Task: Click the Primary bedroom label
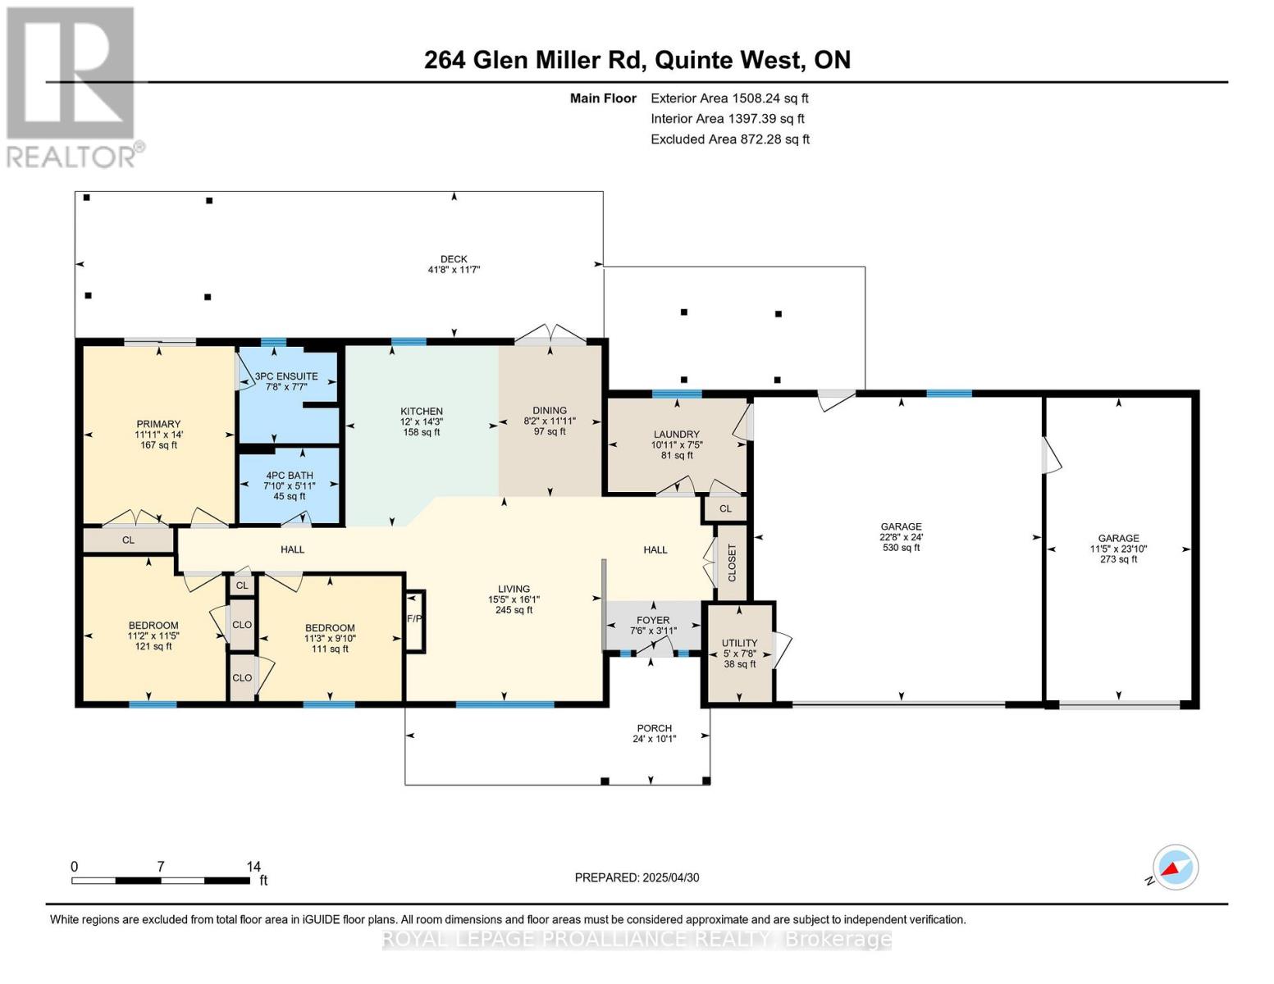(158, 424)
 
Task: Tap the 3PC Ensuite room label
(286, 376)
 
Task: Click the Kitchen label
(422, 412)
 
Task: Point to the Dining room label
(550, 411)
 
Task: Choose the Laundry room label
(677, 435)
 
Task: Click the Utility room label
(739, 643)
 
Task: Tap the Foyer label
(653, 620)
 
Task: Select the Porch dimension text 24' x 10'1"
(655, 739)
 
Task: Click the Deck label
(454, 259)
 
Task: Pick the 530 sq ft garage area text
(902, 548)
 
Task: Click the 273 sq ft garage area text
(1118, 559)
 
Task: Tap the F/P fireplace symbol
(414, 618)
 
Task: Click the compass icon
(1175, 868)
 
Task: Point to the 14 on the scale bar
(253, 866)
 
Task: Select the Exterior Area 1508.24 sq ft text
(729, 98)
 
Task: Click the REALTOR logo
(72, 86)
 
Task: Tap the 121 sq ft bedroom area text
(153, 646)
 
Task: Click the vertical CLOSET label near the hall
(732, 563)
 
